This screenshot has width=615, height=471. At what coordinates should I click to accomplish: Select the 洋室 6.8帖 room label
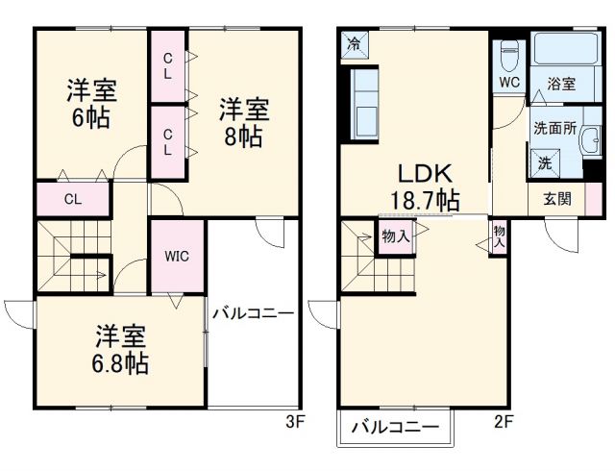pyautogui.click(x=120, y=351)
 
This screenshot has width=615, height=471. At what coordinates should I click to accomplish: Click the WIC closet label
pyautogui.click(x=176, y=257)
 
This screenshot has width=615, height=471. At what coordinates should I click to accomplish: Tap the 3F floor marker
pyautogui.click(x=294, y=420)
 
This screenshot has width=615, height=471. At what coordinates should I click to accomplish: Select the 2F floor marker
pyautogui.click(x=504, y=420)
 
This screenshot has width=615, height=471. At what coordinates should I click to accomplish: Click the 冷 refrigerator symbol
pyautogui.click(x=353, y=44)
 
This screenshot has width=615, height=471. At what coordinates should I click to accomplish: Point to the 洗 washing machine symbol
pyautogui.click(x=545, y=164)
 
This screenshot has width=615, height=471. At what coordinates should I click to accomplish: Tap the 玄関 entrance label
pyautogui.click(x=556, y=200)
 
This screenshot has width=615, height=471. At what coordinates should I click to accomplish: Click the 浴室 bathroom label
pyautogui.click(x=561, y=84)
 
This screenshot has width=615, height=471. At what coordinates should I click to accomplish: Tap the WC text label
pyautogui.click(x=508, y=82)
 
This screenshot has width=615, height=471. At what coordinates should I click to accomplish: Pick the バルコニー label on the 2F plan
pyautogui.click(x=394, y=427)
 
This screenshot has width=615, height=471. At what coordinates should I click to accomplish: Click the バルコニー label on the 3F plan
pyautogui.click(x=253, y=313)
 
